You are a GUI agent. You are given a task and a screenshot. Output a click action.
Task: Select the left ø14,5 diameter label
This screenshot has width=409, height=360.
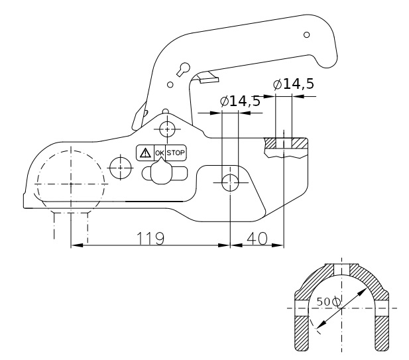pyautogui.click(x=240, y=101)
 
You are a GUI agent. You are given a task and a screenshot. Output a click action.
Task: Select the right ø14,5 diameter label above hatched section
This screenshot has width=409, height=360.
pyautogui.click(x=293, y=84)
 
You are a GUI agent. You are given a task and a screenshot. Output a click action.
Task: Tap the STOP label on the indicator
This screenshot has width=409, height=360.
pyautogui.click(x=176, y=153)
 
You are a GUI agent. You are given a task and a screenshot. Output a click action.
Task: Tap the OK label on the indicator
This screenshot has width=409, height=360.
pyautogui.click(x=159, y=153)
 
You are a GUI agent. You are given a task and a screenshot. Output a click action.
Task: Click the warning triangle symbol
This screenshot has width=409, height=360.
pyautogui.click(x=144, y=153)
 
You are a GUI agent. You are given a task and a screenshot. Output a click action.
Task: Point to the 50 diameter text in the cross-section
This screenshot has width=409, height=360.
pyautogui.click(x=328, y=302)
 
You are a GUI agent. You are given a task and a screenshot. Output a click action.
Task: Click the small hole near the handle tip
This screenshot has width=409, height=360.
pyautogui.click(x=306, y=34)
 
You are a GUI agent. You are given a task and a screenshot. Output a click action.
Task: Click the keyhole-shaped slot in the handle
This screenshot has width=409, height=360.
pyautogui.click(x=184, y=69)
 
